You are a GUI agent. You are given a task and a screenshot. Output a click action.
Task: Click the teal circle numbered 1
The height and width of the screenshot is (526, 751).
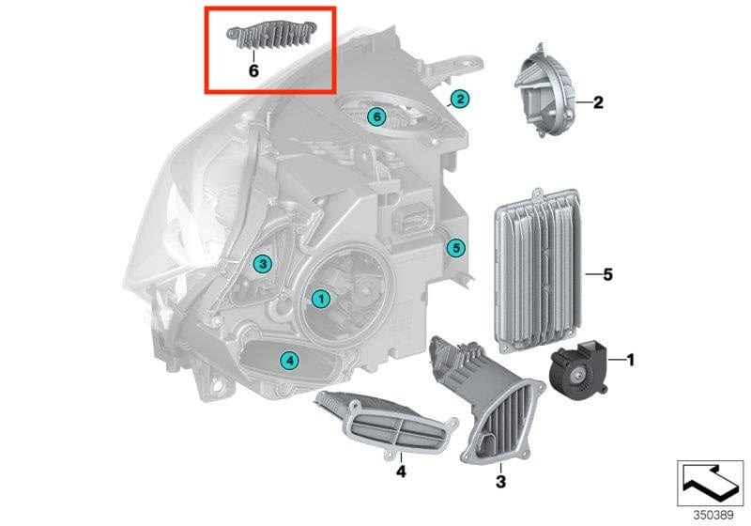click(x=320, y=298)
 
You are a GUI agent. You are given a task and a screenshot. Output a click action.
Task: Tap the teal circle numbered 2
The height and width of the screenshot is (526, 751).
click(x=459, y=98)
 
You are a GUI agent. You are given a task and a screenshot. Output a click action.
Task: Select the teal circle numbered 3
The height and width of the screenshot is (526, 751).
click(x=264, y=265)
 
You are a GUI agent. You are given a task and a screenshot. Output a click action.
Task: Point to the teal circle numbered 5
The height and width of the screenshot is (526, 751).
click(x=455, y=248)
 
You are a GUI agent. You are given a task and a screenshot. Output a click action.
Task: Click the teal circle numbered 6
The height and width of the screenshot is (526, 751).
click(x=375, y=116)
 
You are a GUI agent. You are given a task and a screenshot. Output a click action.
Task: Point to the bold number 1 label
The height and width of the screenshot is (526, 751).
click(x=631, y=359)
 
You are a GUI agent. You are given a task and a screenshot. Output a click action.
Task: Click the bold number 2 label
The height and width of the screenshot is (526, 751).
click(x=597, y=102)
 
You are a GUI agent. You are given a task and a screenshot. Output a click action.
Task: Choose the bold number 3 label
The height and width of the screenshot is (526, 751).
click(x=500, y=482)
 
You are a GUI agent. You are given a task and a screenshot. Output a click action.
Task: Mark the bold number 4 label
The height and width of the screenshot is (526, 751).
click(x=400, y=471)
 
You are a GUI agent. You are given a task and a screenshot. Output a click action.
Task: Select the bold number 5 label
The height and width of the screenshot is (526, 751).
click(x=607, y=274)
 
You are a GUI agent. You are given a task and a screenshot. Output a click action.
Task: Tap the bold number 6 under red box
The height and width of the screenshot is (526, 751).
click(x=253, y=70)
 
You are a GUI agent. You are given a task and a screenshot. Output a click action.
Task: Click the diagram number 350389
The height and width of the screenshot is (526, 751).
click(x=713, y=515)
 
